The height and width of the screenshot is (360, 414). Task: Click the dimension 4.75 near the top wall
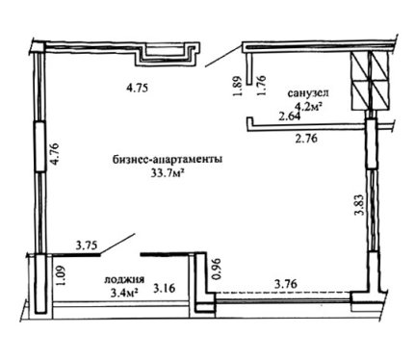[x=137, y=88]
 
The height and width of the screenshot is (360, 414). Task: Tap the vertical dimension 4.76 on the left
[x=55, y=154]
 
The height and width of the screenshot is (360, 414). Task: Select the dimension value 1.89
[x=237, y=86]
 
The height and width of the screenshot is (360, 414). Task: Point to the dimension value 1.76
[x=261, y=85]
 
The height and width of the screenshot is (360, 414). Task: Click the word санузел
[x=308, y=93]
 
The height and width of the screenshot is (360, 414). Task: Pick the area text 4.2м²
[x=308, y=105]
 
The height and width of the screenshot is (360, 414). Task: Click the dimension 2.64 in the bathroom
[x=290, y=116]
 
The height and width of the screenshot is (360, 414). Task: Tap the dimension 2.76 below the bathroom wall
[x=306, y=139]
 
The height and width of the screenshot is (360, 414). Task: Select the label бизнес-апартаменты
[x=168, y=160]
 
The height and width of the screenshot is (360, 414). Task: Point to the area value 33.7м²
[x=168, y=173]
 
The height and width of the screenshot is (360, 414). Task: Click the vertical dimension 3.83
[x=360, y=204]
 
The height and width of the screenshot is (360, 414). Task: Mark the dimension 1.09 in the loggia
[x=62, y=275]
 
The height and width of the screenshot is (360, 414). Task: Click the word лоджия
[x=124, y=280]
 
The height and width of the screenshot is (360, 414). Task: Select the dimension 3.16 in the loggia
[x=165, y=288]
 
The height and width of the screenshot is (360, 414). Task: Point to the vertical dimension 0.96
[x=218, y=269]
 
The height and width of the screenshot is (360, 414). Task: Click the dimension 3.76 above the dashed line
[x=286, y=284]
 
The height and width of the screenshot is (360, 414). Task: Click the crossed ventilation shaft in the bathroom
[x=371, y=81]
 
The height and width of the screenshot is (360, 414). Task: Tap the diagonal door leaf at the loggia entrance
[x=117, y=244]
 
